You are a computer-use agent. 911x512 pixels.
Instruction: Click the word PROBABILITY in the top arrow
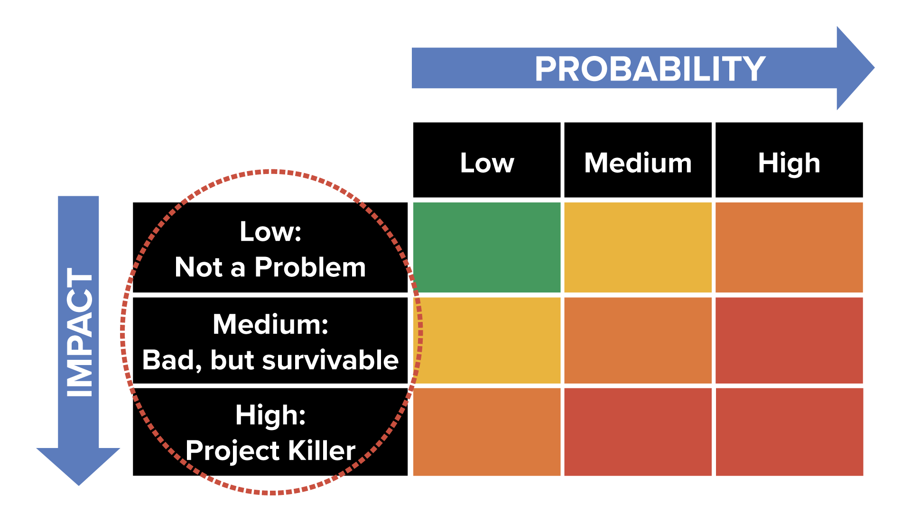coord(650,69)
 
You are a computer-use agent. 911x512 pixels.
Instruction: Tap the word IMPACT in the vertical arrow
coord(79,332)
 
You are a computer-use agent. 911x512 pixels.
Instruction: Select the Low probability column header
coord(487,163)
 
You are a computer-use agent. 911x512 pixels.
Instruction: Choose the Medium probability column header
coord(638,163)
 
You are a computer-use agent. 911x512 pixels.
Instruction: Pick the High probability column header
coord(789,163)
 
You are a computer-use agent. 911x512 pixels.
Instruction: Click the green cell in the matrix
coord(487,247)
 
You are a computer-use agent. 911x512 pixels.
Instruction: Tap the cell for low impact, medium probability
coord(638,247)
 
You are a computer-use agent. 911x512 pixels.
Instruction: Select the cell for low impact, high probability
coord(789,247)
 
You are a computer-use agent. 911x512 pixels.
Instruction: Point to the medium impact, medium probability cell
coord(638,340)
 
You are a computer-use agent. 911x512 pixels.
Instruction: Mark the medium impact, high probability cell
coord(789,340)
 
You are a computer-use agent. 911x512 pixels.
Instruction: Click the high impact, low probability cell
coord(487,431)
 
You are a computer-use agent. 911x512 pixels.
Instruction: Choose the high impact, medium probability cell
coord(638,431)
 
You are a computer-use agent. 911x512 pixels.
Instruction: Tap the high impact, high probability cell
coord(789,431)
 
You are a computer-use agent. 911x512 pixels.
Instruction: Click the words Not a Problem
coord(270,267)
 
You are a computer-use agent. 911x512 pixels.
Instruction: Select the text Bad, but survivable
coord(270,360)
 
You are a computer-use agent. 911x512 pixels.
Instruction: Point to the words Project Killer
coord(270,450)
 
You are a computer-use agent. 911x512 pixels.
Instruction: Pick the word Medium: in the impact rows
coord(270,324)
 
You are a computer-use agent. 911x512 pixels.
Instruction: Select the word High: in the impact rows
coord(270,415)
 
